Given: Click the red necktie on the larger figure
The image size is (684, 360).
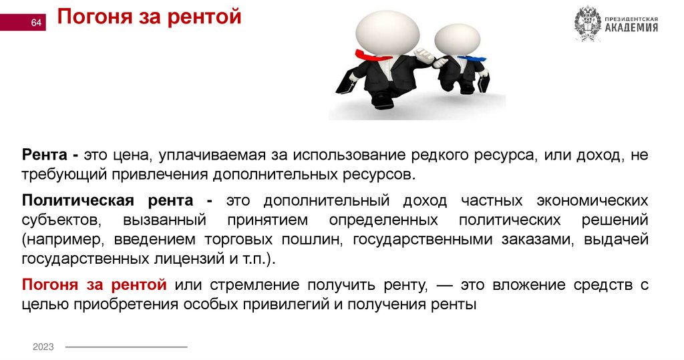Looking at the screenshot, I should click(x=368, y=55).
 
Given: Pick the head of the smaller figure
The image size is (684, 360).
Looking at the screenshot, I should click(x=457, y=41).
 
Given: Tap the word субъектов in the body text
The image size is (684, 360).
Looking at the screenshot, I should click(x=60, y=220).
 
